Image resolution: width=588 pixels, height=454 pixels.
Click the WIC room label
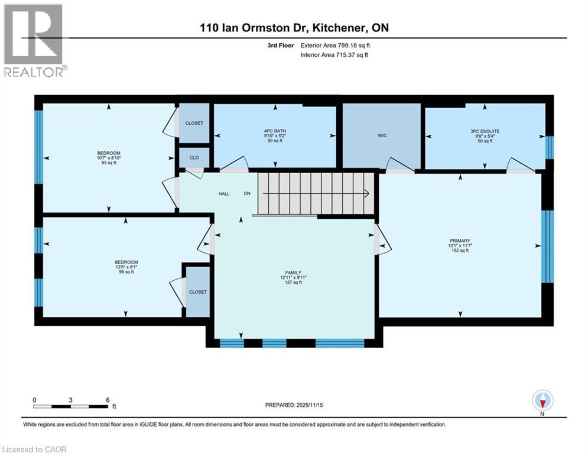pyautogui.click(x=382, y=136)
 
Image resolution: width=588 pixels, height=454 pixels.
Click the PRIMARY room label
pyautogui.click(x=459, y=241)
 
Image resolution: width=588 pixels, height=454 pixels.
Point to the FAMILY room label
pyautogui.click(x=294, y=272)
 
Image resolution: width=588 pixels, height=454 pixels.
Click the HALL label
pyautogui.click(x=224, y=193)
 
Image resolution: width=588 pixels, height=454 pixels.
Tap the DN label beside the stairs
pyautogui.click(x=248, y=193)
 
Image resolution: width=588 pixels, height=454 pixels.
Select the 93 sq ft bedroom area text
pyautogui.click(x=109, y=163)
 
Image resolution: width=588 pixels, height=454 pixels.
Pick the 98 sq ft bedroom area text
pyautogui.click(x=126, y=272)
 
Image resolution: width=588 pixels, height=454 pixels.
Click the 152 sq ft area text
pyautogui.click(x=459, y=251)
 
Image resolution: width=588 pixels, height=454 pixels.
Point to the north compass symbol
pyautogui.click(x=542, y=401)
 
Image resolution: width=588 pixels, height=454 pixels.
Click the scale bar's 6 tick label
pyautogui.click(x=108, y=400)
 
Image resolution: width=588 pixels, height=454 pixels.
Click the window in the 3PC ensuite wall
pyautogui.click(x=549, y=148)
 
